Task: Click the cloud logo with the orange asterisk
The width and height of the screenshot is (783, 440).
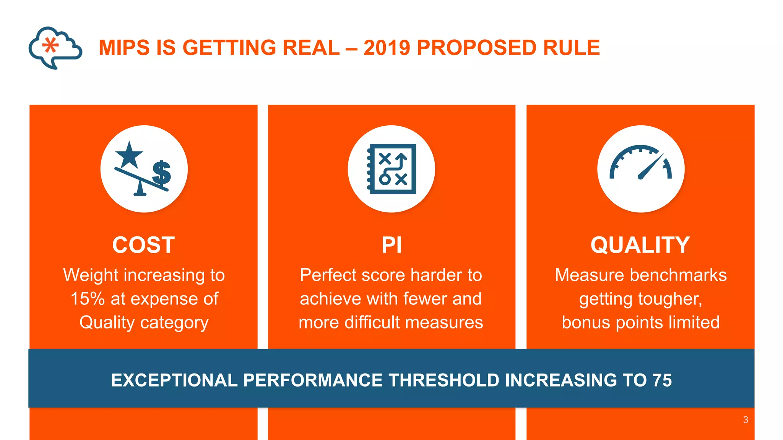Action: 55,47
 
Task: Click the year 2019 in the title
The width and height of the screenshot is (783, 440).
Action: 387,48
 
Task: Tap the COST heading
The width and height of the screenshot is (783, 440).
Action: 143,245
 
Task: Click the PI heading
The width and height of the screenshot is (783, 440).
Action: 391,245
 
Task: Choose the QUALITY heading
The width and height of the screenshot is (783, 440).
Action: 640,245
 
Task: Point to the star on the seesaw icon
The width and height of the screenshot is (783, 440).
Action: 129,155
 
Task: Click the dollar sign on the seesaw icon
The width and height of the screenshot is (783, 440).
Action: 162,173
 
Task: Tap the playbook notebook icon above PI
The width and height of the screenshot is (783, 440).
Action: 391,169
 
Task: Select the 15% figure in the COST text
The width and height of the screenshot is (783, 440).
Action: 88,299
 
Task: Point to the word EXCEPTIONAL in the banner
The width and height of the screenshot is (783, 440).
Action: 174,380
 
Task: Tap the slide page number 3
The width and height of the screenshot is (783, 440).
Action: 746,420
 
